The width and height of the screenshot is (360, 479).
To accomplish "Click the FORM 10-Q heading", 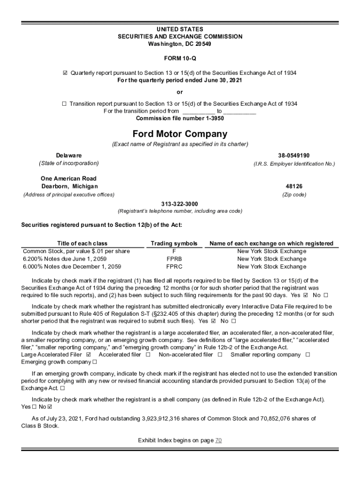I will pos(180,60).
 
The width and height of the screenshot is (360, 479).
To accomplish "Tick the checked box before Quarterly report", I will pos(65,73).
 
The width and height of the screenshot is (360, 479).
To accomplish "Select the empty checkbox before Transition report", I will pos(64,104).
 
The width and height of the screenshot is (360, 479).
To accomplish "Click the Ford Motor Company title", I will pos(180,134).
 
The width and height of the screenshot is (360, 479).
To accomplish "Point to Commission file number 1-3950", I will pos(180,118).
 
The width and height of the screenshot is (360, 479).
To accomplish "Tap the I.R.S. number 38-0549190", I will pos(294,155).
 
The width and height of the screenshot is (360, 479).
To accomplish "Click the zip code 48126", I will pos(294,186).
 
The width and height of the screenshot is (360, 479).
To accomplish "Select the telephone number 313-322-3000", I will pos(180,203).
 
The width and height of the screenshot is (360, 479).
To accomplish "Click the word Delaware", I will pos(69,155).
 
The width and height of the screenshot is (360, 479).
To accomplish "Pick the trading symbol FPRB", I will pos(174,259).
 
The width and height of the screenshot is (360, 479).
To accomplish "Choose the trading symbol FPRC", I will pos(174,267).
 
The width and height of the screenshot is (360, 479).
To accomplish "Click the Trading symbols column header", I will pos(174,243).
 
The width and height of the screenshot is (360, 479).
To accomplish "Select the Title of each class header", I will pos(82,243).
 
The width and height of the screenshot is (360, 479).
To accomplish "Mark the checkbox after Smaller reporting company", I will pos(308,355).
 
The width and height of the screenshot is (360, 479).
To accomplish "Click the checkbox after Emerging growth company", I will pos(94,363).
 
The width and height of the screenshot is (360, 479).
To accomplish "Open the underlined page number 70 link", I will pos(218,441).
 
